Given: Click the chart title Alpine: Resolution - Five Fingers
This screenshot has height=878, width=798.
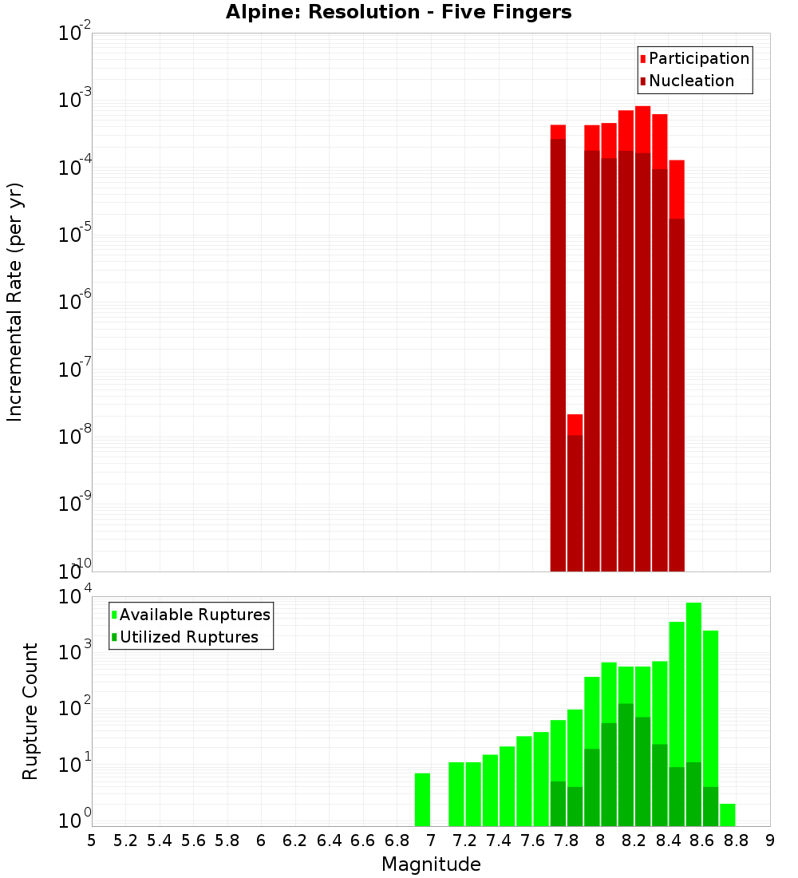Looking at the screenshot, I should [398, 12].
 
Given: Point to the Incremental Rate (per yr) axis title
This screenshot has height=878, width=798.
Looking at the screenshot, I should [15, 302].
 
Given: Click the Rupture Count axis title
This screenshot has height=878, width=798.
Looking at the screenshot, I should [30, 711].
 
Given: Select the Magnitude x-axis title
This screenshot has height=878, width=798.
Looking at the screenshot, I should [431, 864].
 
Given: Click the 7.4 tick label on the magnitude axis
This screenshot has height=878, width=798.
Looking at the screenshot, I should [499, 840].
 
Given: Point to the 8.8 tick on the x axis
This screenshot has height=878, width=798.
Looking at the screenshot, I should [736, 840].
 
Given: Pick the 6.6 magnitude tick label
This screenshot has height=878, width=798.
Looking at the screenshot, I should [363, 840].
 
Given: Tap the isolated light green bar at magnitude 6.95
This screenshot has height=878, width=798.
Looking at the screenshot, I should [422, 799].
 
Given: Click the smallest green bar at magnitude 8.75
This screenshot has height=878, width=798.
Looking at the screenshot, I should [727, 814].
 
